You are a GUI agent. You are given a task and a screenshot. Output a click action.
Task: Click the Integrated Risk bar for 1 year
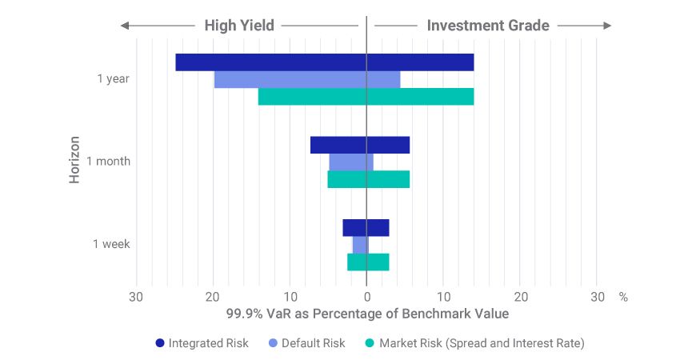[x=324, y=62]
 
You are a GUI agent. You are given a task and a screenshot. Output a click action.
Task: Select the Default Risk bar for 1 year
[x=306, y=79]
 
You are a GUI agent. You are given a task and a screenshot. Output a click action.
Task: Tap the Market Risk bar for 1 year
[x=366, y=97]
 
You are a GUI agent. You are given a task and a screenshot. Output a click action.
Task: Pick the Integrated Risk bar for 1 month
[x=359, y=145]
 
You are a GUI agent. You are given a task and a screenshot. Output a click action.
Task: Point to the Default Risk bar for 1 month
[x=350, y=162]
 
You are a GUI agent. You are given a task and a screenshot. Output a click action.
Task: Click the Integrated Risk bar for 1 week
[x=366, y=227]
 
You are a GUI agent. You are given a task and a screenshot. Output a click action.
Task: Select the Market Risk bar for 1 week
[x=368, y=262]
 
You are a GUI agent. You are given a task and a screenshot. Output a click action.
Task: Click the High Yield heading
[x=239, y=26]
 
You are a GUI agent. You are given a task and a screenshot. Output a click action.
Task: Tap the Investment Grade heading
[x=488, y=26]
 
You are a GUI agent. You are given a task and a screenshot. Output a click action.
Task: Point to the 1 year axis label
[x=113, y=79]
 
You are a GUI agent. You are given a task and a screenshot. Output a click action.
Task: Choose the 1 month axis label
[x=108, y=162]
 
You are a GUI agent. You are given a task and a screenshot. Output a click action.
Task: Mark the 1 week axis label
[x=111, y=244]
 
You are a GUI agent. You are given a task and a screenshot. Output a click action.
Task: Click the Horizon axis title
[x=74, y=159]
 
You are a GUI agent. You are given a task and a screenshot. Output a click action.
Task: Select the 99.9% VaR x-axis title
[x=367, y=314]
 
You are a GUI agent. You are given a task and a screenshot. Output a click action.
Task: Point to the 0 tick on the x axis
[x=366, y=297]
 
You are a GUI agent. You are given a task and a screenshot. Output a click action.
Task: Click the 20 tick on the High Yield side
[x=212, y=297]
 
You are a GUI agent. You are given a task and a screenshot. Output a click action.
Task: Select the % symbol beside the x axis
[x=623, y=297]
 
